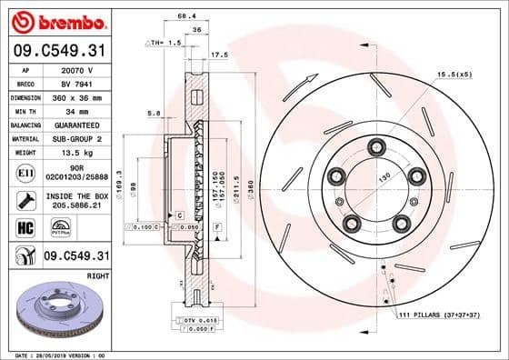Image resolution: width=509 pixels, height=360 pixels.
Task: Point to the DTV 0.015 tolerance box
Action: [198, 321]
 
